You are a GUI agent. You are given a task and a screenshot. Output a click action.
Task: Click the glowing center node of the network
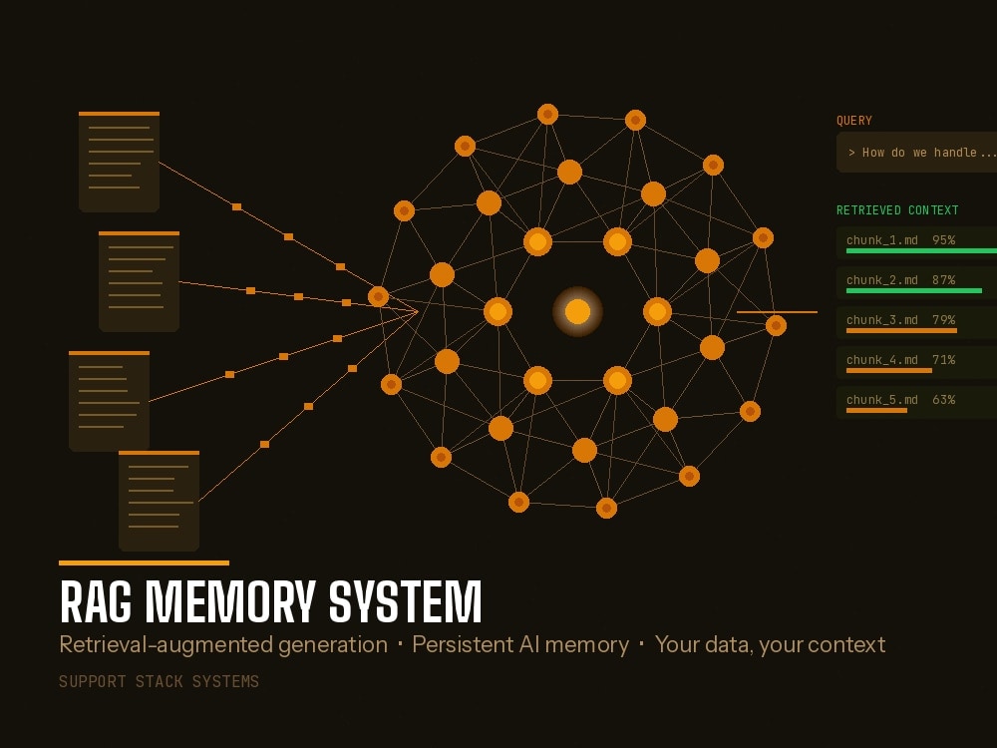tap(577, 311)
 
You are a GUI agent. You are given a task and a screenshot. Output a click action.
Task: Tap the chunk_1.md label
tap(882, 240)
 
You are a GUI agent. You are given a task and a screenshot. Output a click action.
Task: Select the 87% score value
tap(943, 280)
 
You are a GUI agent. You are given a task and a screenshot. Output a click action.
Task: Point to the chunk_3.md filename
tap(882, 320)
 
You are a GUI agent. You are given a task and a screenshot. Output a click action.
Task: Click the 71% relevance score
tap(943, 360)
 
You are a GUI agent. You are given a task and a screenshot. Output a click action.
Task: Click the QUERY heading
tap(854, 121)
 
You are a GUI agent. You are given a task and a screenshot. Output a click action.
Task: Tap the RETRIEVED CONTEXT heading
tap(897, 209)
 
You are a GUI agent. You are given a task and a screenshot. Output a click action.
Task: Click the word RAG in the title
tap(96, 601)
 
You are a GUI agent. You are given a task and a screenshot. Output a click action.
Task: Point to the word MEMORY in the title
tap(230, 601)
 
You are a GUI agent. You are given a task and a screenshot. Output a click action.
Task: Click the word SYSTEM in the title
tap(405, 601)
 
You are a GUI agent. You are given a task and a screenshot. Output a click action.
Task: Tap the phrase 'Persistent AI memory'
tap(520, 644)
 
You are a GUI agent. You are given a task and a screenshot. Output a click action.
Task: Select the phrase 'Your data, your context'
tap(770, 645)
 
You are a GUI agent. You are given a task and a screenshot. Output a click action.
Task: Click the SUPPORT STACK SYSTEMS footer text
tap(159, 682)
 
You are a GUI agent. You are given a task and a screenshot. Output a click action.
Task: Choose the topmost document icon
tap(119, 162)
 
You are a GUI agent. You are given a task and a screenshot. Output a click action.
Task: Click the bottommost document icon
tap(159, 502)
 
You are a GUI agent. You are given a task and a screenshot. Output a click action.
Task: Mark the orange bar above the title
tap(144, 562)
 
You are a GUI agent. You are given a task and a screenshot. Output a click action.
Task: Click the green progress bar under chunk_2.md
tap(913, 290)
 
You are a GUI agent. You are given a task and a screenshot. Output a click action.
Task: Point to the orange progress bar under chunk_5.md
tap(876, 410)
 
